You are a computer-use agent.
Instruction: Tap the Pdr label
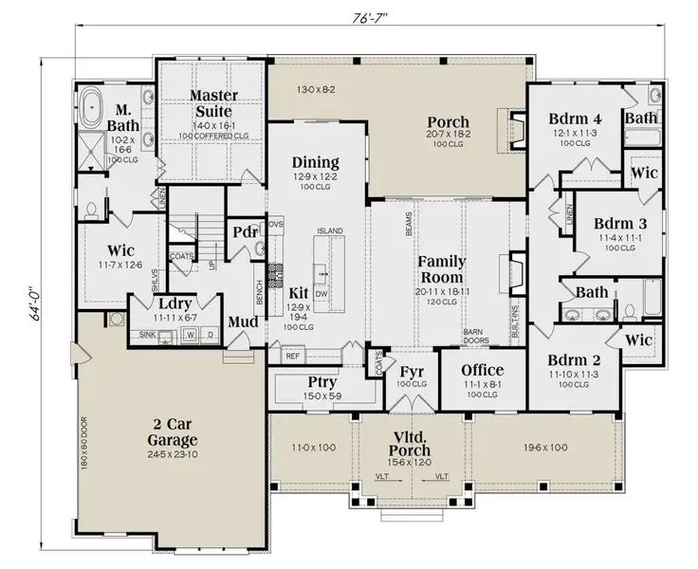click(243, 232)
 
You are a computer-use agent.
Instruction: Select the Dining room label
click(316, 162)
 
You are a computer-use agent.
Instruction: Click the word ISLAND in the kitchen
click(329, 230)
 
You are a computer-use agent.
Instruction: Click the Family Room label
click(441, 269)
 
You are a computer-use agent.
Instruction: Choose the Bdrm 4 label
click(575, 119)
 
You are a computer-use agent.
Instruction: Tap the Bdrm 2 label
click(575, 360)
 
